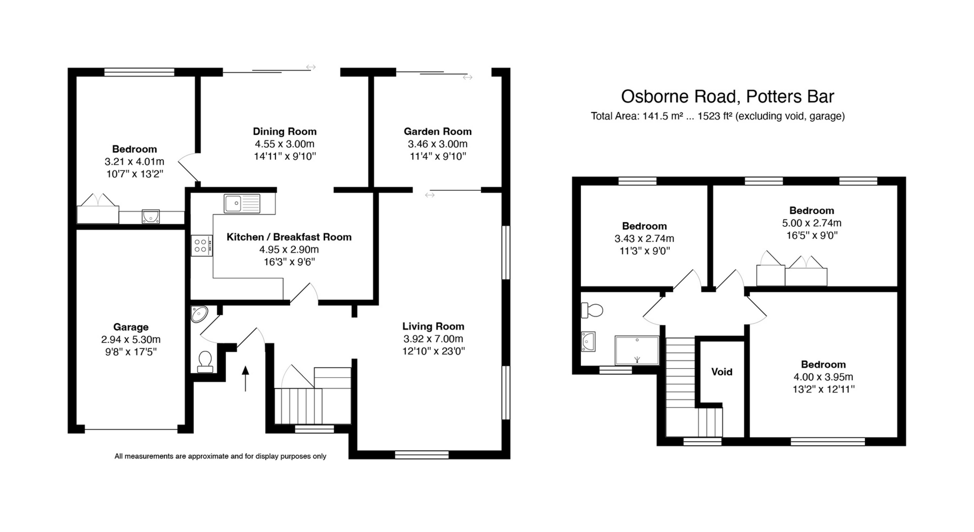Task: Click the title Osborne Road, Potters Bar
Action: tap(727, 96)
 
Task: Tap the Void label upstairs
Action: tap(721, 372)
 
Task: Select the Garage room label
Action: tap(131, 327)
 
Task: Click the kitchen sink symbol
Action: tap(242, 204)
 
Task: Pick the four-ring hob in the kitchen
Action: tap(201, 245)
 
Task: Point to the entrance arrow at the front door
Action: tap(246, 378)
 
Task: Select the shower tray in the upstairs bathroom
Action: tap(637, 350)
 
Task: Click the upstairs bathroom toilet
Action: tap(592, 310)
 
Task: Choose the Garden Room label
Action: tap(437, 131)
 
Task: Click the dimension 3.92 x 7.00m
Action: tap(433, 339)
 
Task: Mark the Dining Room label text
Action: tap(285, 131)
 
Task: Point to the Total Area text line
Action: tap(717, 116)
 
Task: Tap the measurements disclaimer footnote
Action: tap(220, 456)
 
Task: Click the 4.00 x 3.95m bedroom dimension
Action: tap(823, 377)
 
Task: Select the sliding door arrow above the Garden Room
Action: tap(467, 78)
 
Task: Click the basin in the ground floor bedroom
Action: tap(151, 217)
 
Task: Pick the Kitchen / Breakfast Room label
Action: tap(289, 237)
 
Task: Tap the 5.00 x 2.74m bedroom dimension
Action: tap(811, 223)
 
